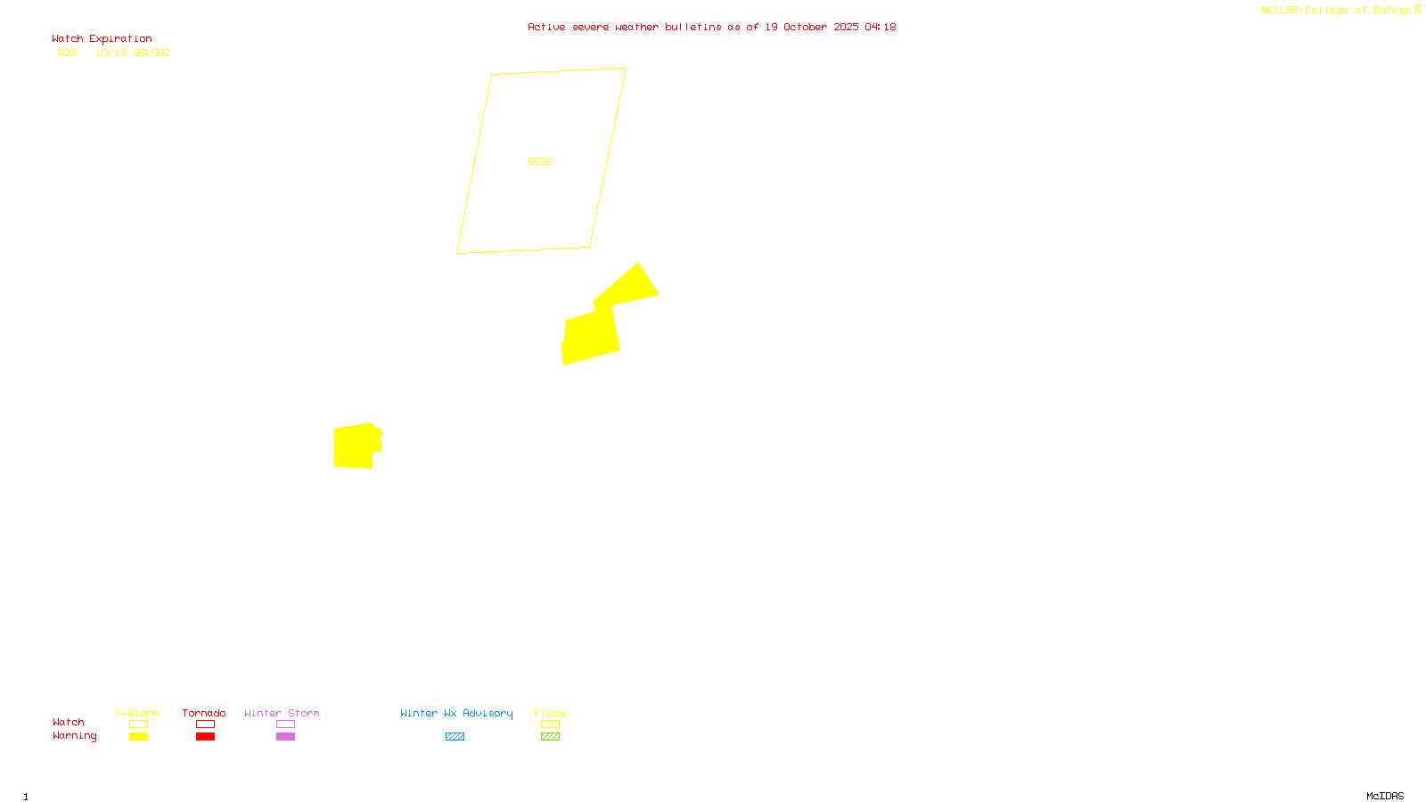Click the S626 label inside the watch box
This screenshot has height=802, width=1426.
click(539, 161)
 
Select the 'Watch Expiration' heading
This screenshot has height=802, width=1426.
click(102, 39)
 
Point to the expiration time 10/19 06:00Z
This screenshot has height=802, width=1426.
click(133, 53)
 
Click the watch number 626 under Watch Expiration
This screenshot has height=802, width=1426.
click(68, 53)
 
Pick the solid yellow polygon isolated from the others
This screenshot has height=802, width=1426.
click(356, 446)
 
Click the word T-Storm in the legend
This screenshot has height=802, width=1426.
click(137, 713)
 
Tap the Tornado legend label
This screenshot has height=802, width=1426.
click(204, 713)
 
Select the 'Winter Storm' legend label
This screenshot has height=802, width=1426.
click(282, 713)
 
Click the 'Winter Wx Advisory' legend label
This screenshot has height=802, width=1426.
click(456, 713)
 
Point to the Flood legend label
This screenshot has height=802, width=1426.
click(550, 713)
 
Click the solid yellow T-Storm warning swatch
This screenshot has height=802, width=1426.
click(138, 737)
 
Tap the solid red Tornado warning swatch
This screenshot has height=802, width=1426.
click(206, 737)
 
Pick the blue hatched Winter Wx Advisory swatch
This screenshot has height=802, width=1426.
click(455, 737)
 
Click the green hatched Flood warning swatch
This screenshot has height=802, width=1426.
click(551, 737)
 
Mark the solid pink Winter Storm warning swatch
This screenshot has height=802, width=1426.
click(285, 737)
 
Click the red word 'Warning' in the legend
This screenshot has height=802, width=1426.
click(74, 736)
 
